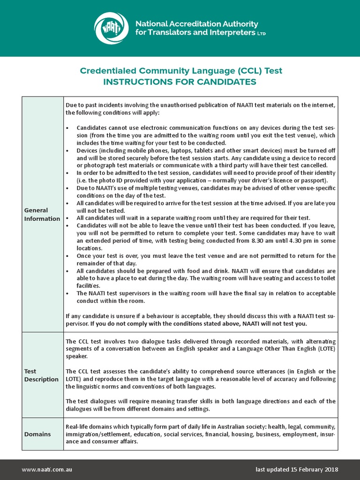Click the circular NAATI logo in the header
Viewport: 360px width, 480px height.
click(111, 28)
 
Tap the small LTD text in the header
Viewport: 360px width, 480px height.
click(262, 34)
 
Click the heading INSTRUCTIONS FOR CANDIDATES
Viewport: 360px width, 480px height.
click(180, 82)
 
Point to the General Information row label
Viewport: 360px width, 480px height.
click(42, 215)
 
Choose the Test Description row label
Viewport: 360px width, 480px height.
click(41, 375)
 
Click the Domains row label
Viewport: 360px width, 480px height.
click(37, 434)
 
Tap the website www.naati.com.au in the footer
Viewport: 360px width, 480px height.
click(47, 470)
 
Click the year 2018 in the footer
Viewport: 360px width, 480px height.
click(330, 470)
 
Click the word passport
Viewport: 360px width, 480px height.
click(315, 180)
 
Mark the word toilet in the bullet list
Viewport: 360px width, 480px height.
click(327, 278)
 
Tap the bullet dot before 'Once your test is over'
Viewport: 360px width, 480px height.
click(68, 256)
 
